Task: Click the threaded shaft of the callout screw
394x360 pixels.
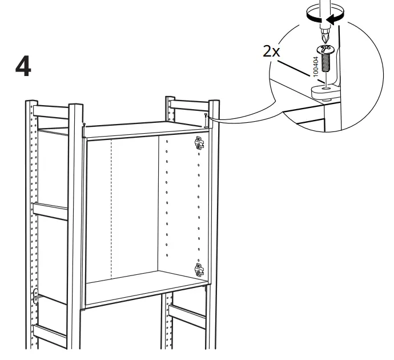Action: [326, 61]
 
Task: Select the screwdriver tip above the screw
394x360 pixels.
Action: [325, 34]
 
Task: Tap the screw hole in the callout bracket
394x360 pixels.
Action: [325, 88]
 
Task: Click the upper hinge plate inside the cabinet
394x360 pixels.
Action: [199, 142]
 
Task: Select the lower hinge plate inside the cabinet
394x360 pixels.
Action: [199, 269]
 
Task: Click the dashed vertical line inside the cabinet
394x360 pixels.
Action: [111, 206]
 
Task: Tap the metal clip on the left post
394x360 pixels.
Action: [37, 295]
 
